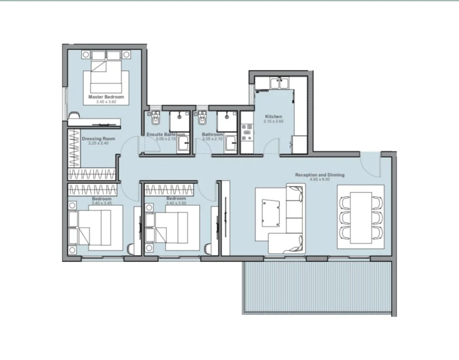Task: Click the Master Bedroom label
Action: (106, 97)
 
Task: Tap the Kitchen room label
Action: (274, 116)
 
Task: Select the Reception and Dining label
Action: (320, 175)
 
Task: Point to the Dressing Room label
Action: (98, 139)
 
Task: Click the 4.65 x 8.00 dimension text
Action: (320, 179)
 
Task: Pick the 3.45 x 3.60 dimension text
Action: (106, 102)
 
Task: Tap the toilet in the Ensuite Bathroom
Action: (156, 118)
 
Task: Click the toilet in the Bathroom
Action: (202, 118)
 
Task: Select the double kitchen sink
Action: (280, 83)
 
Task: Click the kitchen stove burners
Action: (246, 132)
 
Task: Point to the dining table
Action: (361, 217)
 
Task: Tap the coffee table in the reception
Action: (270, 213)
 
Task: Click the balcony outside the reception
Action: (317, 288)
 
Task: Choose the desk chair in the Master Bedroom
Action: (74, 115)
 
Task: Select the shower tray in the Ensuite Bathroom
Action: (179, 121)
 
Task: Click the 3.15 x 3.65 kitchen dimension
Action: (274, 121)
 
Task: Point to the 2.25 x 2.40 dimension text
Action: (98, 143)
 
